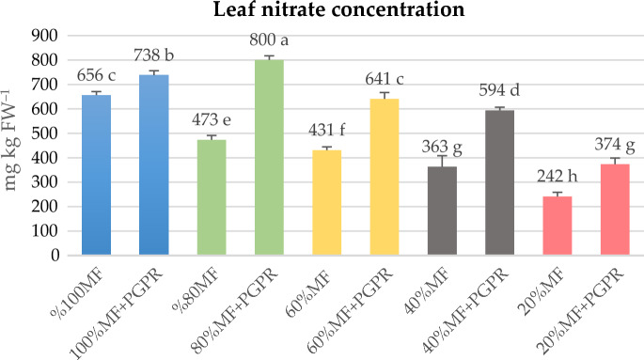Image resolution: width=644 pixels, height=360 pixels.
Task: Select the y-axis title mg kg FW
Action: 16,146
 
